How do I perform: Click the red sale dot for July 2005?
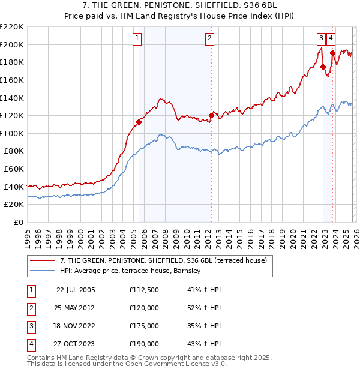(x=139, y=122)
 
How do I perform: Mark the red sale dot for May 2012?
(x=211, y=115)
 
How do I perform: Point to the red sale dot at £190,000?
(x=332, y=53)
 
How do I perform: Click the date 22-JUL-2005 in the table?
(x=76, y=290)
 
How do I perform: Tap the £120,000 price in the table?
(x=144, y=308)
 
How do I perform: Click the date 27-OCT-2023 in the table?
(x=76, y=344)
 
